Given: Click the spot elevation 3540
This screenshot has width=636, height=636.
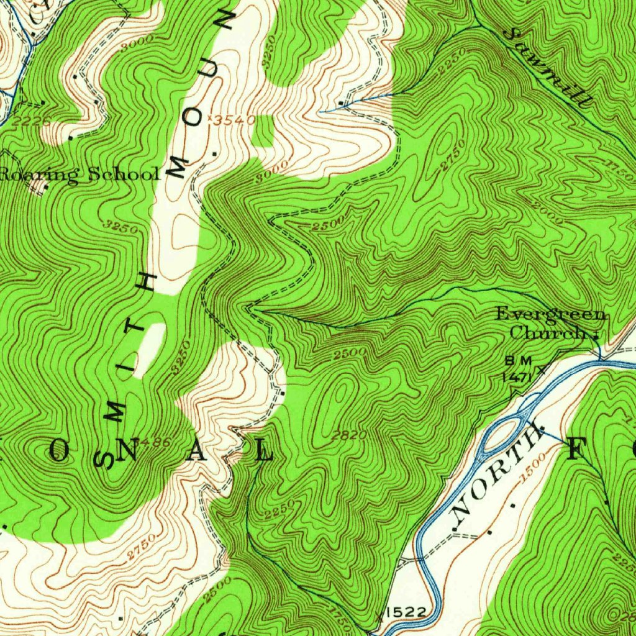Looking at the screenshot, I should point(234,120).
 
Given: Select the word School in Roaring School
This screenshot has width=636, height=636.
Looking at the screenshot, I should point(124,173).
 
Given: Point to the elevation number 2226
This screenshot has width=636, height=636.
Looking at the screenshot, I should point(30,122).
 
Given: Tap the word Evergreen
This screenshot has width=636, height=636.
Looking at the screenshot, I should point(550,315).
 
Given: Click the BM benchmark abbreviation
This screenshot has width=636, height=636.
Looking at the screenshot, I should point(515,360).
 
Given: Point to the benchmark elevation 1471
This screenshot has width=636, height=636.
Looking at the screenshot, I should point(516,375).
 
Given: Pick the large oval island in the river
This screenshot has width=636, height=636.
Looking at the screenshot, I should point(503,434).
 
